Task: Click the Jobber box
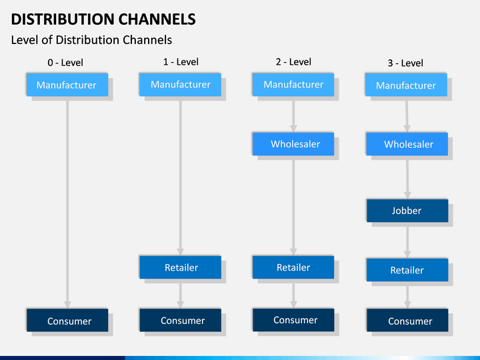[407, 211]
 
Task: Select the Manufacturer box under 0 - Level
[67, 85]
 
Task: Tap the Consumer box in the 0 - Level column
[67, 320]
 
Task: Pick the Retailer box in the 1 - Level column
[180, 267]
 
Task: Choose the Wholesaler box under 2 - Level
[293, 144]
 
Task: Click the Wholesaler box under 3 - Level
[407, 144]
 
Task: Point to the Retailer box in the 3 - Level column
[407, 270]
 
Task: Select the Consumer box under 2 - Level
[293, 320]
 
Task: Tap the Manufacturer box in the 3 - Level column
[406, 85]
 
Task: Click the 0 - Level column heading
[65, 63]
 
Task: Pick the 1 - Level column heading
[181, 62]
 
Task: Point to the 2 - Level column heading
[293, 62]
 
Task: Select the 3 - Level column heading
[405, 63]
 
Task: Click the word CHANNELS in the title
[157, 19]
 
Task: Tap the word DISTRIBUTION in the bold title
[63, 19]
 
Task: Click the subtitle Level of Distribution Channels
[91, 40]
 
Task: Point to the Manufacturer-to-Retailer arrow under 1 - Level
[180, 178]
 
